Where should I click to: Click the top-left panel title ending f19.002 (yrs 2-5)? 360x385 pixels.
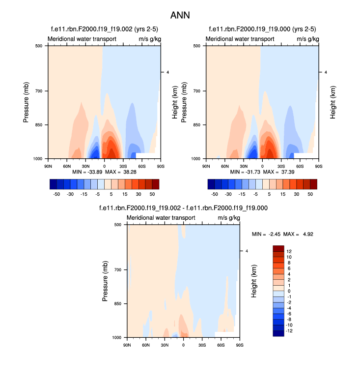pyautogui.click(x=105, y=30)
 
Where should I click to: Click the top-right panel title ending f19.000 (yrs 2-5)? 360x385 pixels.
pyautogui.click(x=262, y=30)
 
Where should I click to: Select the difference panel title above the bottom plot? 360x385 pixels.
pyautogui.click(x=183, y=208)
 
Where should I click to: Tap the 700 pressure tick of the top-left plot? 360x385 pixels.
pyautogui.click(x=38, y=91)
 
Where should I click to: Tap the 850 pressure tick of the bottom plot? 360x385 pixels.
pyautogui.click(x=117, y=304)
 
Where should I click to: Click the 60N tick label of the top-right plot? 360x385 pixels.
pyautogui.click(x=225, y=166)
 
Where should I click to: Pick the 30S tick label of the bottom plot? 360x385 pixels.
pyautogui.click(x=202, y=345)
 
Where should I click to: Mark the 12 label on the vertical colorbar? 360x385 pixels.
pyautogui.click(x=289, y=251)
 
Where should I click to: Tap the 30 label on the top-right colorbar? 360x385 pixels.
pyautogui.click(x=300, y=194)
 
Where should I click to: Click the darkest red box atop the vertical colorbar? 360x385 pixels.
pyautogui.click(x=278, y=248)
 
